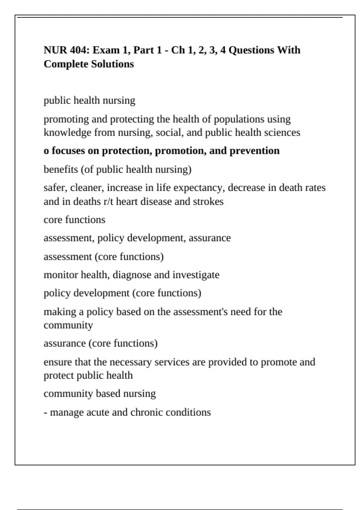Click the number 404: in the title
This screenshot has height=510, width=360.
pyautogui.click(x=79, y=50)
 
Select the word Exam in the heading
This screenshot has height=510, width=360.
pyautogui.click(x=106, y=50)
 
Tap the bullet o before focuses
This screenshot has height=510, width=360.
pyautogui.click(x=46, y=151)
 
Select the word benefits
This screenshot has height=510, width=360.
pyautogui.click(x=61, y=169)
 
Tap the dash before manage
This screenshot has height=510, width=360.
pyautogui.click(x=46, y=412)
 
